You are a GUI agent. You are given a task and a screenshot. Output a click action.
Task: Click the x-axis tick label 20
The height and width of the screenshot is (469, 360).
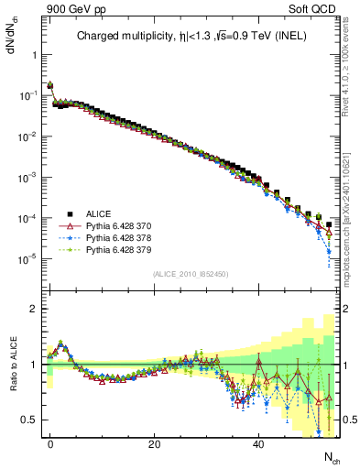pos(155,442)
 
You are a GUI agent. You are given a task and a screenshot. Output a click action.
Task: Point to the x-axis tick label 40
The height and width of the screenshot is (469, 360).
pos(259,442)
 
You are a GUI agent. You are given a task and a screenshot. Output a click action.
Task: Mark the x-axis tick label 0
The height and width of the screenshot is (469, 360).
pos(50,442)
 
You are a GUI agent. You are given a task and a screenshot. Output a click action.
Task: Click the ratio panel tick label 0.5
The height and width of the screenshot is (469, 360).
pos(29,420)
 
